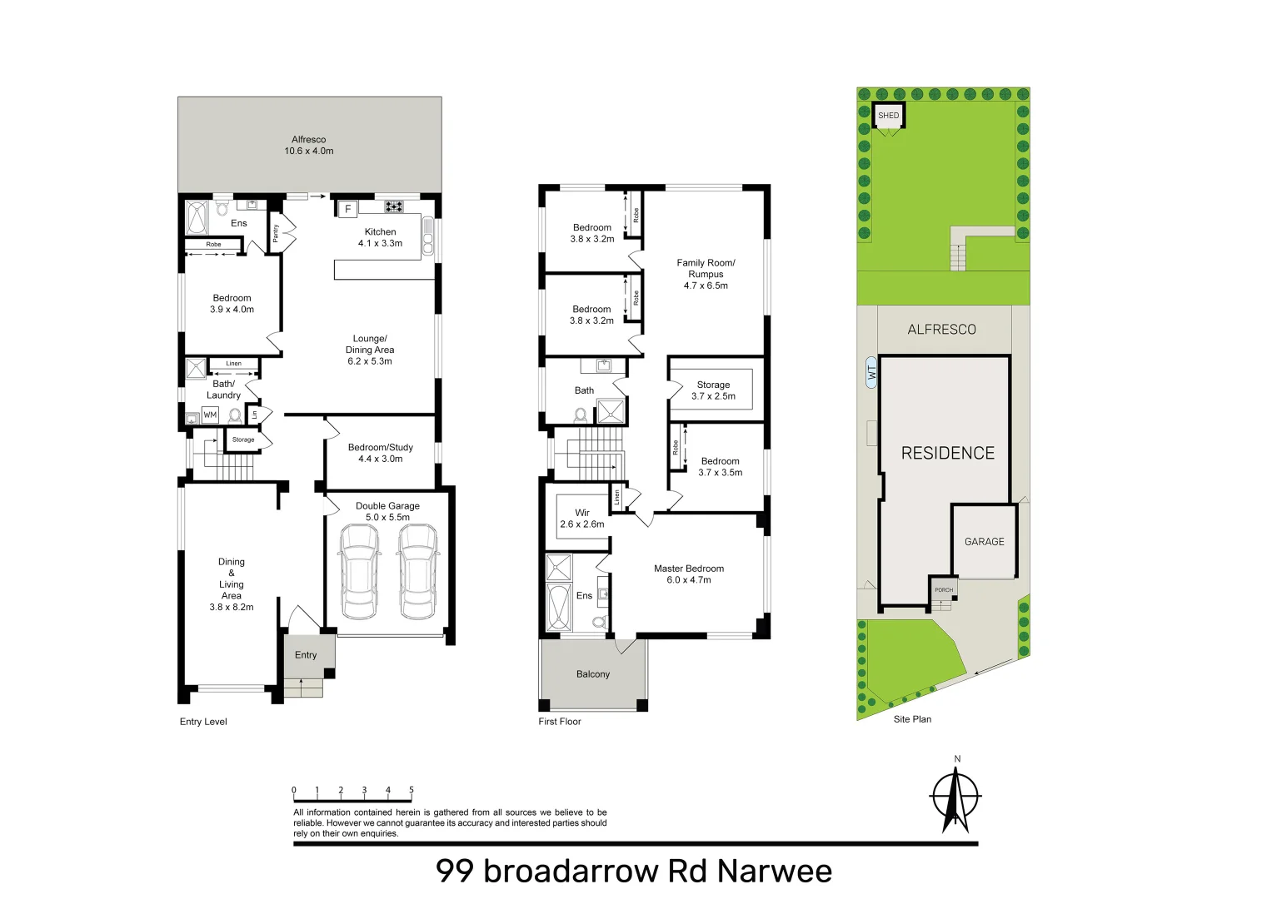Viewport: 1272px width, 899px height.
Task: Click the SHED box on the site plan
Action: pos(889,116)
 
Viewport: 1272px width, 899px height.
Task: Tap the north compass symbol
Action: pos(955,797)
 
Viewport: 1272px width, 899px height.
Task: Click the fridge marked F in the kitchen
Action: pos(347,209)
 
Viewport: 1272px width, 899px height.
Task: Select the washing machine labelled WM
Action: pos(210,415)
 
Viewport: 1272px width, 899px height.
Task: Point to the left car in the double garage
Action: pos(359,571)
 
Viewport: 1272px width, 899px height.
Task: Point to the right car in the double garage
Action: pos(417,571)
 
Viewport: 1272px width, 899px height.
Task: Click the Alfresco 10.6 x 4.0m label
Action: pos(309,146)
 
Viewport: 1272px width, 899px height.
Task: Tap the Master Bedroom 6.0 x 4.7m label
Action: pos(689,574)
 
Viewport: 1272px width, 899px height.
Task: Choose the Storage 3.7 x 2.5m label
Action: pos(713,390)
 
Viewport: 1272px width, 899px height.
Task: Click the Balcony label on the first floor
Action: pos(593,674)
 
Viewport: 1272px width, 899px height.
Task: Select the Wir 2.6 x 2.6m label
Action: pos(582,519)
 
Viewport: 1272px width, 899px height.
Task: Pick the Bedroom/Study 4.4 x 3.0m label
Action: pos(381,453)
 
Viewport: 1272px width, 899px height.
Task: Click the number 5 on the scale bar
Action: pos(412,791)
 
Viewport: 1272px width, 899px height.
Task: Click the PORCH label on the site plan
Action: pos(944,590)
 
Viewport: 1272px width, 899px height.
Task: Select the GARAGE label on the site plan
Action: pos(984,542)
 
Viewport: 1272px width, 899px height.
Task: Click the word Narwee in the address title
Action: pos(774,872)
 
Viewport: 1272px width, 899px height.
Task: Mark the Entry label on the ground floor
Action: pos(306,655)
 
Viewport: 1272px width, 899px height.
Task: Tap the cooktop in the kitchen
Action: pos(394,206)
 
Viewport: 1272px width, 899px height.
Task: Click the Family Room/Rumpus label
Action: pos(706,274)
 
